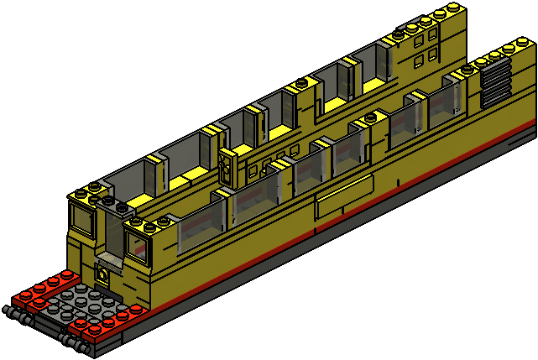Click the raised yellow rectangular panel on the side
click(343, 199)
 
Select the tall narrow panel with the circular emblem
click(227, 168)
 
